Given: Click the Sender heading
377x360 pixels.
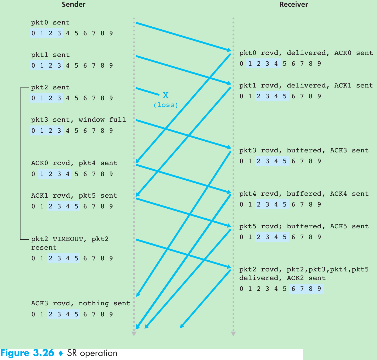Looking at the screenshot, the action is [74, 4].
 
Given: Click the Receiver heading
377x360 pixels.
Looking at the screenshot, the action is [293, 4].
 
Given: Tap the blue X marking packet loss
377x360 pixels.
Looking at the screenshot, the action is [166, 95].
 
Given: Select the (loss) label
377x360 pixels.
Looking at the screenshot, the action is [166, 105].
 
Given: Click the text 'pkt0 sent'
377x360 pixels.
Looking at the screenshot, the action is [50, 23].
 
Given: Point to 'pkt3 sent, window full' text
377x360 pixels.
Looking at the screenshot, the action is [78, 120].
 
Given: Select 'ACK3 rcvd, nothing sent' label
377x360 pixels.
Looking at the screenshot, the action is [81, 303].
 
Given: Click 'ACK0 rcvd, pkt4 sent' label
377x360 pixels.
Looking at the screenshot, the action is [74, 163].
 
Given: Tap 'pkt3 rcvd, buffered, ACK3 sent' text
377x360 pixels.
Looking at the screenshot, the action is [304, 151].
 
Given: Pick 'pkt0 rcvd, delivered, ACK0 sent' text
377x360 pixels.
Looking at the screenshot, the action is [306, 53].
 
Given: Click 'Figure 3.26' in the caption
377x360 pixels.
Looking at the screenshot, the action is [27, 353].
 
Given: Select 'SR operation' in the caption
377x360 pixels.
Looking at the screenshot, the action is [92, 353].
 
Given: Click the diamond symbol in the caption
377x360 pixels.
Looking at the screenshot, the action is [61, 353].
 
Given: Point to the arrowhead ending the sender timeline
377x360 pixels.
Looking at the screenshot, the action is [134, 334].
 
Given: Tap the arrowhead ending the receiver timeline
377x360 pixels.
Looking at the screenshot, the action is [233, 334].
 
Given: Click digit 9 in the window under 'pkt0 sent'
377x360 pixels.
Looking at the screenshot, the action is [111, 33].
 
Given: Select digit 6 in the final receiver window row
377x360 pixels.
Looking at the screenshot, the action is [293, 289].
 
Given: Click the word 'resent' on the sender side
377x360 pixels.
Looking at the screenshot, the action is [44, 248].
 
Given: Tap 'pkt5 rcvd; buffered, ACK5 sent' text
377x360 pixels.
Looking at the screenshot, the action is [304, 226].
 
